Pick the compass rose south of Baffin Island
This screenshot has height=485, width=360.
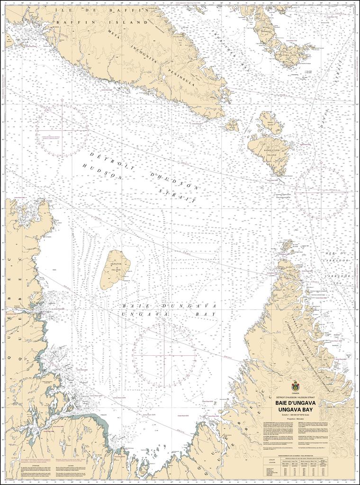(63, 130)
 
